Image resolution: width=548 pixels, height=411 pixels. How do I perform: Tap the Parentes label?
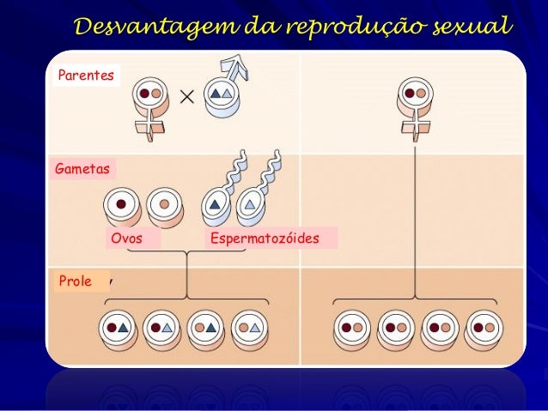tap(85, 76)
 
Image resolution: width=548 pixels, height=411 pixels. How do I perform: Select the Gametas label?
tap(82, 170)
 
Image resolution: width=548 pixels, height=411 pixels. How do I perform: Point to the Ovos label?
tap(127, 239)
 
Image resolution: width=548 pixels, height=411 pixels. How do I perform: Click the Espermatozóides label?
tap(264, 239)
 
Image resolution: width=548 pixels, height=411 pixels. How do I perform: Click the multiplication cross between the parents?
tap(186, 97)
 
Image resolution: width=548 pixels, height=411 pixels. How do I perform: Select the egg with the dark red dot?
tap(122, 204)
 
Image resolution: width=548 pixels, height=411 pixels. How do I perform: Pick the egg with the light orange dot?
tap(163, 204)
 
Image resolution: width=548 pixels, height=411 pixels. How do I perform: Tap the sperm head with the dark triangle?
tap(216, 204)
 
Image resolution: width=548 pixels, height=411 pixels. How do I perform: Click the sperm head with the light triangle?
tap(248, 204)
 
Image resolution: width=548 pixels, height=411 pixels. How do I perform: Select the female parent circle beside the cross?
tap(151, 92)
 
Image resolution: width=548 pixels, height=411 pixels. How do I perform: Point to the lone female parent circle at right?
tap(416, 92)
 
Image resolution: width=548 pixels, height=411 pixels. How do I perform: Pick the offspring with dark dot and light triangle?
tap(161, 327)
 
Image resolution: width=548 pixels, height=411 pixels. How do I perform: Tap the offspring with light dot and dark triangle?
tap(204, 327)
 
